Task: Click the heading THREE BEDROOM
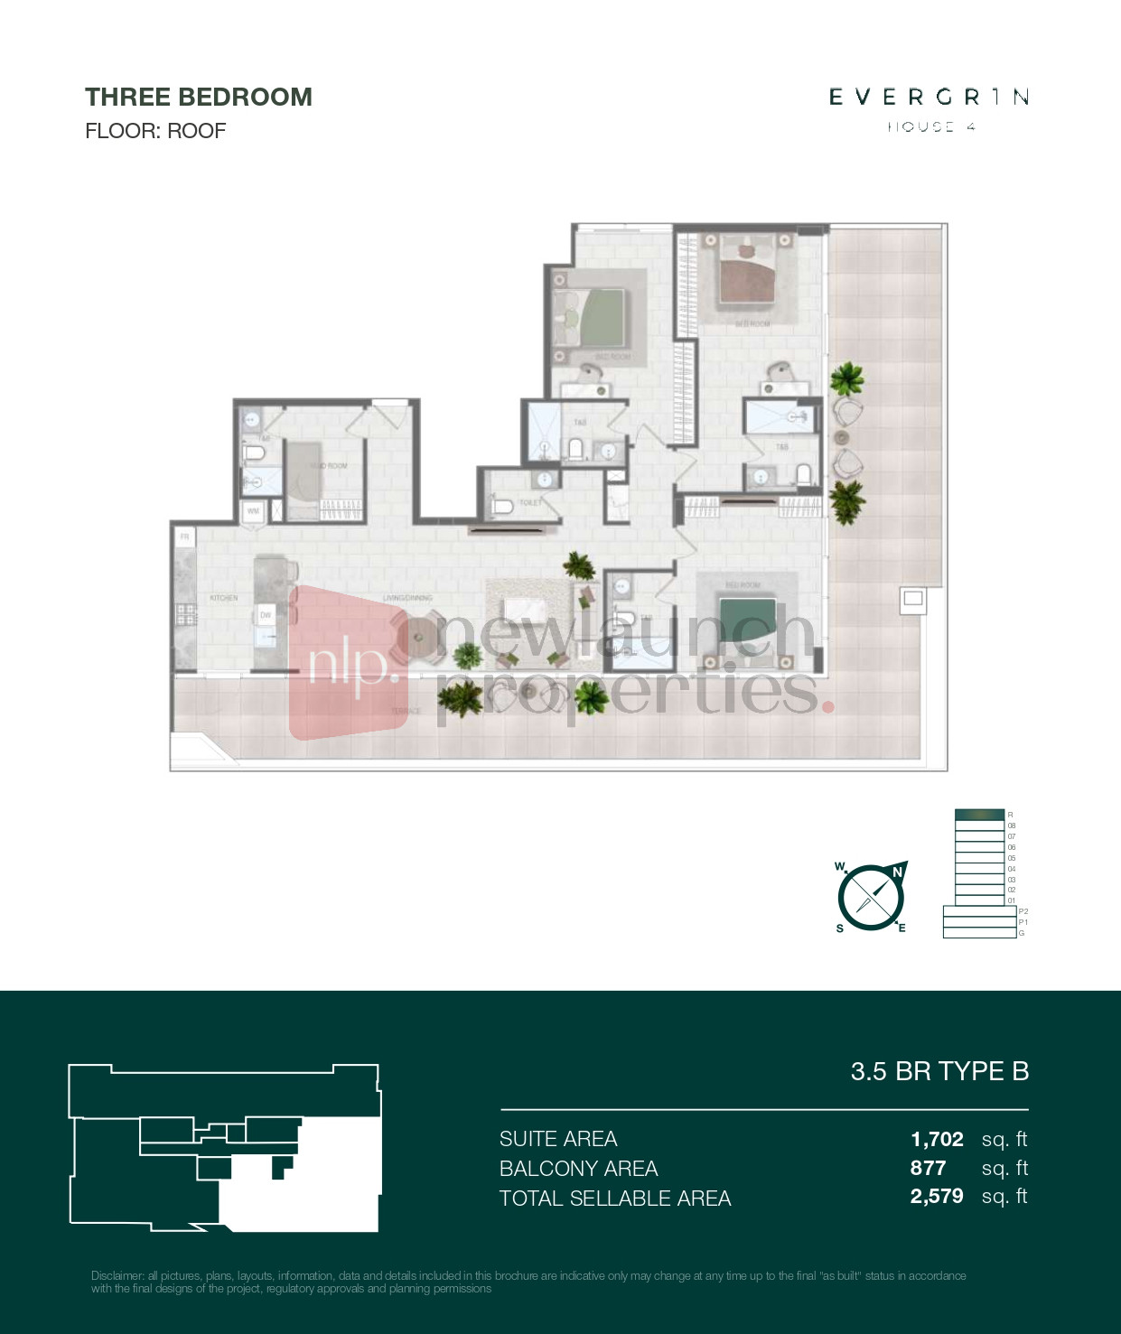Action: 198,98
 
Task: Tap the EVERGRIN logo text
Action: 929,97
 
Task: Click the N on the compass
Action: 897,872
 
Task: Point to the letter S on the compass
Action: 840,928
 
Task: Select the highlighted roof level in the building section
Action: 979,815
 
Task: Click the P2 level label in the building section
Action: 1023,911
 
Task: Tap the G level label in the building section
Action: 1022,933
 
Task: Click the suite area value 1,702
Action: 937,1139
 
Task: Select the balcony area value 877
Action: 928,1168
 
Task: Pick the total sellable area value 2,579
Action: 937,1197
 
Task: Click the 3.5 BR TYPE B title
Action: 939,1071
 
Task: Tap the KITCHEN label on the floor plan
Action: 224,598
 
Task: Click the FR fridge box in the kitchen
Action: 185,536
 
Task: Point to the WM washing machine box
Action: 254,511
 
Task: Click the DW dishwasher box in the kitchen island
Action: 266,615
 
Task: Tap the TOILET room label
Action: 531,503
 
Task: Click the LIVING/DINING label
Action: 407,598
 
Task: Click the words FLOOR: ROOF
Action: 154,131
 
